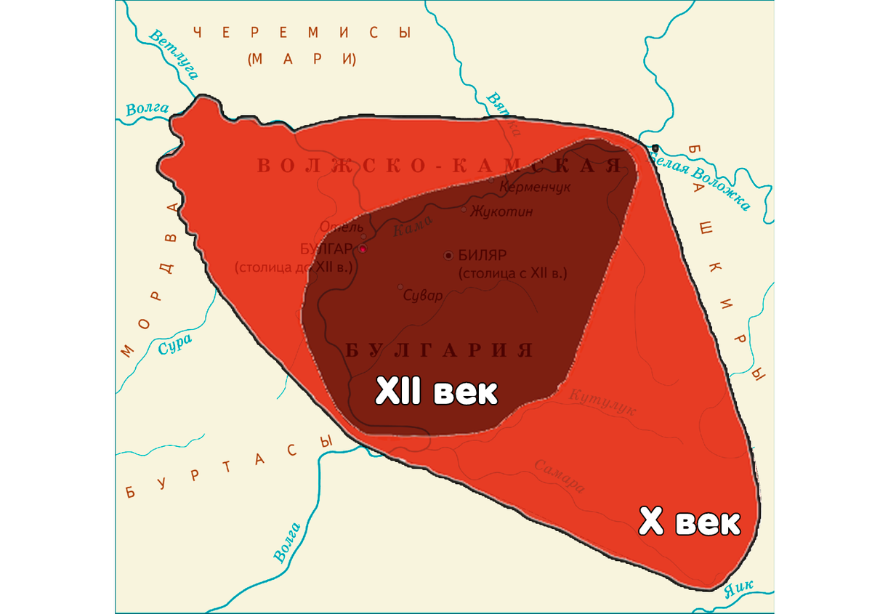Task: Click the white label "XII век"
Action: pos(437,393)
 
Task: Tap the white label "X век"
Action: pos(689,522)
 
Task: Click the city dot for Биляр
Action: pos(448,255)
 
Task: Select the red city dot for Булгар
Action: pos(363,249)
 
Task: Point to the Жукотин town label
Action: pos(501,211)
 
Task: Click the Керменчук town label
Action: pos(535,187)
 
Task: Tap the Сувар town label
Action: pos(424,295)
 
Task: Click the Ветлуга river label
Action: pos(174,54)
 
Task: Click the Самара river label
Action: pos(560,475)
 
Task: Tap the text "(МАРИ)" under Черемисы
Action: pos(301,59)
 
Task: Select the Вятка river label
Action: pos(503,113)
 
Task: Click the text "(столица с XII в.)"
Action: pos(512,274)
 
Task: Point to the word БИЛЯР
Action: pos(483,255)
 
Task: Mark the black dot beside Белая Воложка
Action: pos(655,148)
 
